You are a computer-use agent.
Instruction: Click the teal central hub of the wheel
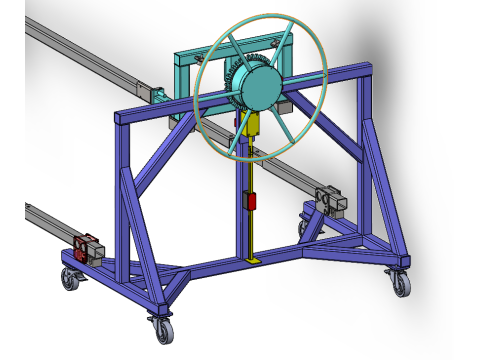coord(258,88)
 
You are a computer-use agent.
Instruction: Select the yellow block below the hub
coord(252,125)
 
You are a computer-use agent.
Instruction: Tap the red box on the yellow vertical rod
coord(251,200)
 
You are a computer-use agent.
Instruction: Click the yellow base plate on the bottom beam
coord(254,262)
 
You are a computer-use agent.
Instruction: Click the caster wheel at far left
coord(70,279)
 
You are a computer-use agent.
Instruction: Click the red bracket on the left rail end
coord(87,246)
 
